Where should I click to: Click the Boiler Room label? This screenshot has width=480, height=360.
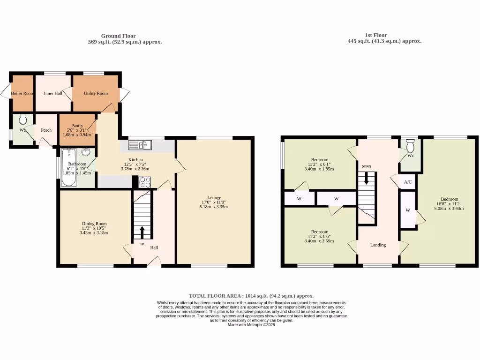click(22, 93)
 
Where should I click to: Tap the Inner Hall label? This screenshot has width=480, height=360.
click(53, 93)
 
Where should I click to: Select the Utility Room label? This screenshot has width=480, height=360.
click(96, 93)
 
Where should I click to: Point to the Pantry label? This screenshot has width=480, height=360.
click(77, 126)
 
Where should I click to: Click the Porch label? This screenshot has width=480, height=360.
click(46, 130)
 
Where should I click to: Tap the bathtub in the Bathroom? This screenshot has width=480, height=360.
click(68, 167)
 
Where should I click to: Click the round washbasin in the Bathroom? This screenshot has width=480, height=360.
click(86, 152)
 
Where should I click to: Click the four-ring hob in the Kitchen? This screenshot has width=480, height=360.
click(144, 182)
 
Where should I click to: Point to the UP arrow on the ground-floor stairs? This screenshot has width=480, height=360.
click(142, 232)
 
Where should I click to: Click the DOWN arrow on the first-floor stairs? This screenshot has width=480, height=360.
click(367, 177)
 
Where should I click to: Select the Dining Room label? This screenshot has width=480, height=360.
click(95, 224)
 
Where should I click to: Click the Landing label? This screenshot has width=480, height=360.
click(378, 245)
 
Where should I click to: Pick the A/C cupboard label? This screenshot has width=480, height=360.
click(407, 182)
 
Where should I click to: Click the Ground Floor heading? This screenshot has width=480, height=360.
click(119, 36)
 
